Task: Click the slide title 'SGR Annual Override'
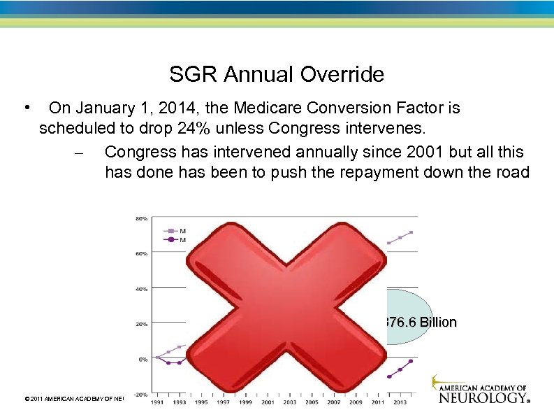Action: [x=277, y=74]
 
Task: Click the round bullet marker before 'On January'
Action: [x=25, y=108]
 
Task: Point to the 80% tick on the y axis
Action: [x=140, y=218]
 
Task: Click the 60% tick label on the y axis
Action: [x=140, y=253]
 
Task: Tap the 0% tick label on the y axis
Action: [x=143, y=359]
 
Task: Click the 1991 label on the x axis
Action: [x=157, y=403]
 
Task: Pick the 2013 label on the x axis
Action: [x=400, y=403]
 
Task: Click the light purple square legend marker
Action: [x=169, y=230]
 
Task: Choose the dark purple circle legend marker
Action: [x=169, y=239]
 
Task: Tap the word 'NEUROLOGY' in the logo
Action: [x=481, y=397]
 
